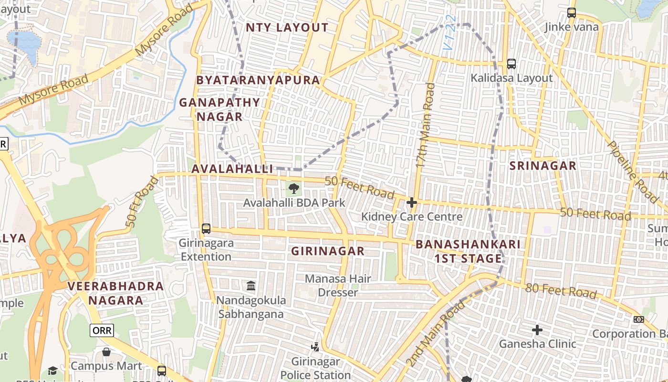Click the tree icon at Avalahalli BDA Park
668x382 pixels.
tap(294, 188)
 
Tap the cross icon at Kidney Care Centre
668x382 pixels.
tap(411, 203)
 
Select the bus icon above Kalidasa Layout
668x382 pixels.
tap(511, 64)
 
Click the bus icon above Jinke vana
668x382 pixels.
tap(571, 13)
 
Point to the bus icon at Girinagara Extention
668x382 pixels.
tap(206, 228)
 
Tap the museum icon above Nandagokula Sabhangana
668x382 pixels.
tap(251, 286)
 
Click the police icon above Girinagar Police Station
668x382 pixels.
tap(315, 347)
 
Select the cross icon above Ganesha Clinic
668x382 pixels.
tap(537, 329)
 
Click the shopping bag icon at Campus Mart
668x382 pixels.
tap(106, 352)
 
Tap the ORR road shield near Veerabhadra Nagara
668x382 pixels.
tap(102, 330)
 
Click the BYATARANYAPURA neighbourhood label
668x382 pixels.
tap(258, 80)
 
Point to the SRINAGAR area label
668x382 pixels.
tap(543, 166)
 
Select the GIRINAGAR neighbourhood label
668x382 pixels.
tap(328, 251)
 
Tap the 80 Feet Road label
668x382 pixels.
tap(561, 290)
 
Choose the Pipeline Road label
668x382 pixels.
tap(633, 172)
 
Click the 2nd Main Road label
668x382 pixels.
tap(435, 333)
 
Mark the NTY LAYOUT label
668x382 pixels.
tap(287, 28)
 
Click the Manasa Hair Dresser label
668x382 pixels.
tap(338, 285)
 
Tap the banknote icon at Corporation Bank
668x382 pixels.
tap(638, 319)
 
